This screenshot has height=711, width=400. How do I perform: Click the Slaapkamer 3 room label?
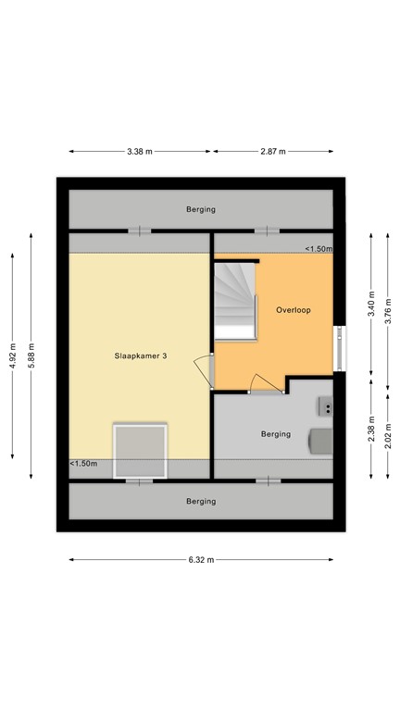[x=140, y=355]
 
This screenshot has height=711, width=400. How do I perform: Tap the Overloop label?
[x=292, y=310]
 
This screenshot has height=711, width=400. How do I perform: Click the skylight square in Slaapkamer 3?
[x=140, y=451]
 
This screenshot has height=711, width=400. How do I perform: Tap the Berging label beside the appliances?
[x=275, y=433]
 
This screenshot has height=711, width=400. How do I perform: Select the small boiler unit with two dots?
[x=326, y=405]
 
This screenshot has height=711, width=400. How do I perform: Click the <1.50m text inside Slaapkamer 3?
[x=83, y=464]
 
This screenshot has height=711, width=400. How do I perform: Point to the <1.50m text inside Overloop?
[x=319, y=249]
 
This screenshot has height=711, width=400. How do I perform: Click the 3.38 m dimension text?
[x=140, y=152]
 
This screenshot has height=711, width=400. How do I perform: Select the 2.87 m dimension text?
[x=272, y=152]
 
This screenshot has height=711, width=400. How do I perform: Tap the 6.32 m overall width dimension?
[x=201, y=559]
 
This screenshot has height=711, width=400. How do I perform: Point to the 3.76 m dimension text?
[x=389, y=306]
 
